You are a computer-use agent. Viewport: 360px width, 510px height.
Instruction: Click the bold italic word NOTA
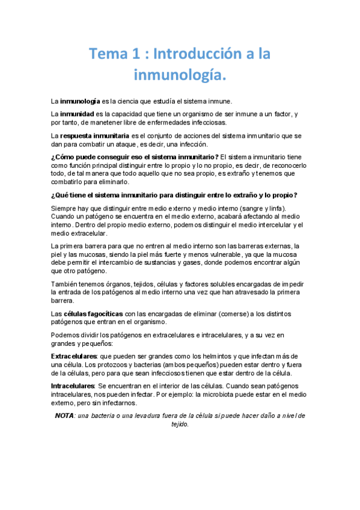coord(64,416)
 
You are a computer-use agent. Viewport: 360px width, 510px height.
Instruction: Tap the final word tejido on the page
coord(180,424)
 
